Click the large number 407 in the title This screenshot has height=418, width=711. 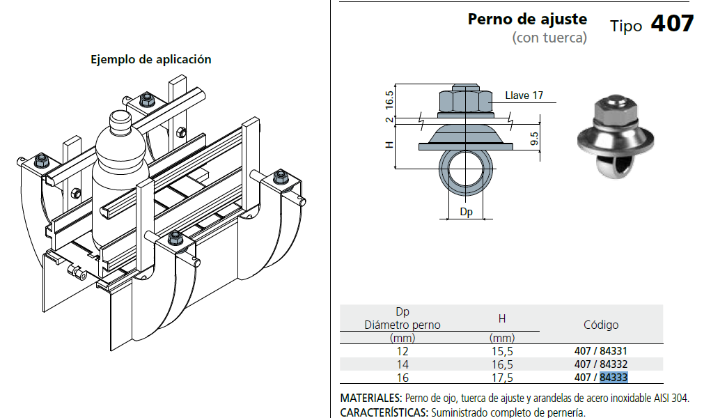[x=672, y=24]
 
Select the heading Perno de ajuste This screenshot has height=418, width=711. [x=527, y=20]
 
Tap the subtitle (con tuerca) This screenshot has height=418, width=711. [x=549, y=38]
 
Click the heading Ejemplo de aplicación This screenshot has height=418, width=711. [x=151, y=59]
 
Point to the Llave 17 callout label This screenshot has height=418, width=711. [x=524, y=95]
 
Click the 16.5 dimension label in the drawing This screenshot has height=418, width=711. [x=389, y=100]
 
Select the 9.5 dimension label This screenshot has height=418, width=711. [x=535, y=139]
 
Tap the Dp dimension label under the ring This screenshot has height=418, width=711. [x=466, y=212]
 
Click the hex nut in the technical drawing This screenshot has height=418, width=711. [x=465, y=101]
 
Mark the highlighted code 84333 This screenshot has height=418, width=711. [x=614, y=377]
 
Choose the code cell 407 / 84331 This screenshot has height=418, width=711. [x=601, y=351]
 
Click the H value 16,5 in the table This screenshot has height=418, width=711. [x=502, y=364]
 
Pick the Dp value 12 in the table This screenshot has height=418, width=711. [x=403, y=351]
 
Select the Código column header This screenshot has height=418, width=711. [x=601, y=325]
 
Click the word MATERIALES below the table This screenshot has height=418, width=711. [x=371, y=398]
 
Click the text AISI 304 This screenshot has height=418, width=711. [x=671, y=398]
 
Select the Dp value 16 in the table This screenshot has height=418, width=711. [x=403, y=378]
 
